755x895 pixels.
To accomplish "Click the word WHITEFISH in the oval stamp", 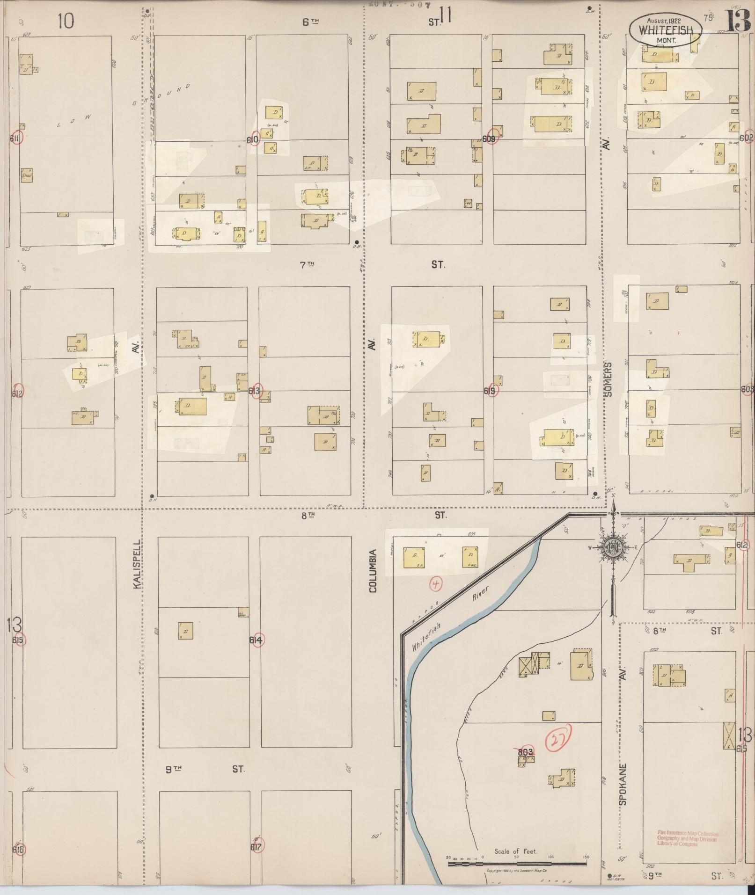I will pos(666,30).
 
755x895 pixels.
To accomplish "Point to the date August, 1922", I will pos(664,20).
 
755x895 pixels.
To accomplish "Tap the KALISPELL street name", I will pos(137,564).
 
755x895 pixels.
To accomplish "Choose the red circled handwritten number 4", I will pos(436,583).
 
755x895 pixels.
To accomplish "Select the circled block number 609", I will pos(490,139).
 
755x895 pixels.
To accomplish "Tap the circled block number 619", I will pos(491,391).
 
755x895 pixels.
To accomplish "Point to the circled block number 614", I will pos(257,640).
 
